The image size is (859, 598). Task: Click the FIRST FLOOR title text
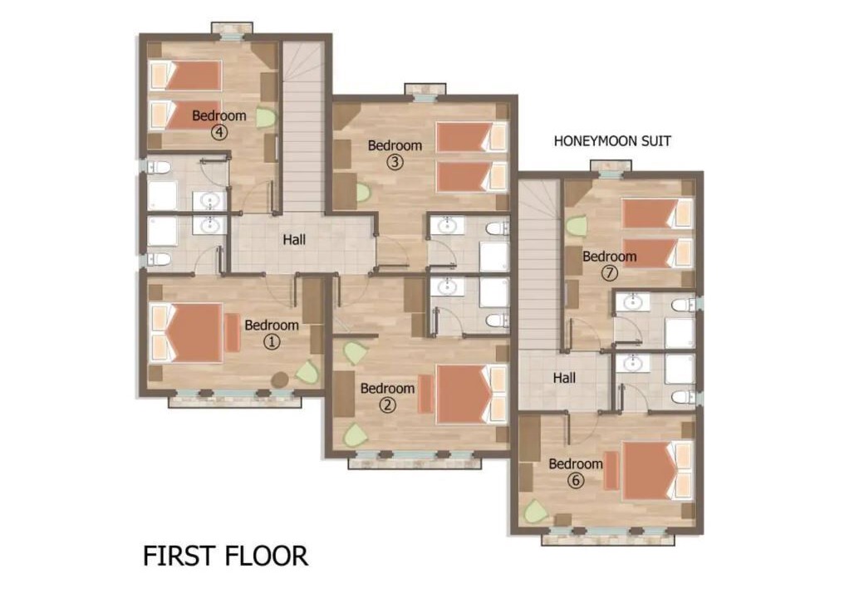pos(225,556)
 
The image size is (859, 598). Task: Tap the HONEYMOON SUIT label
pos(612,141)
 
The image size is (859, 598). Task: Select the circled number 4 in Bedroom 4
pos(219,132)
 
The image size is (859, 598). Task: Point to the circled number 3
pos(395,162)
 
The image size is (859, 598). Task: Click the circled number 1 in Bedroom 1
pos(272,341)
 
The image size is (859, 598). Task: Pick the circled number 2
pos(387,405)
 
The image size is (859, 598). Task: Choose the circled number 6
pos(575,481)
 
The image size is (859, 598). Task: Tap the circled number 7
pos(609,272)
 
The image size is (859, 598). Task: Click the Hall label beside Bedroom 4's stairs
pos(294,240)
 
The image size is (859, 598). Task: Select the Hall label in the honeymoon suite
pos(564,378)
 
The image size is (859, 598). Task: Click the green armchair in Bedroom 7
pos(577,225)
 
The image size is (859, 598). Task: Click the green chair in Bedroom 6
pos(535,512)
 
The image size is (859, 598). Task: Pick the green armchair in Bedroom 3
pos(363,192)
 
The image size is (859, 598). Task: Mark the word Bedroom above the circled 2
pos(387,389)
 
